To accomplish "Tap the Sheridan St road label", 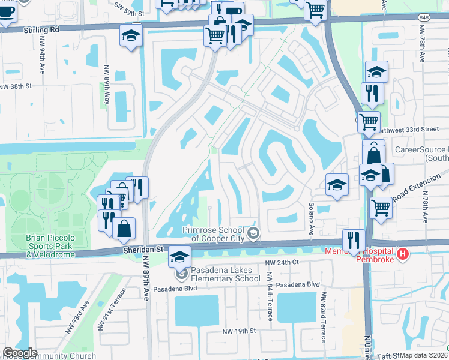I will (x=143, y=250).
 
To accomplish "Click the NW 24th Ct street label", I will (x=284, y=263).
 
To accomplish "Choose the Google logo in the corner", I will (x=20, y=352).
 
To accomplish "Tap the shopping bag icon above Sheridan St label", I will (x=124, y=228).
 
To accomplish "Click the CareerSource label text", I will (x=421, y=149).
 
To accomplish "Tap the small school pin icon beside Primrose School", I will (x=253, y=233).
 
